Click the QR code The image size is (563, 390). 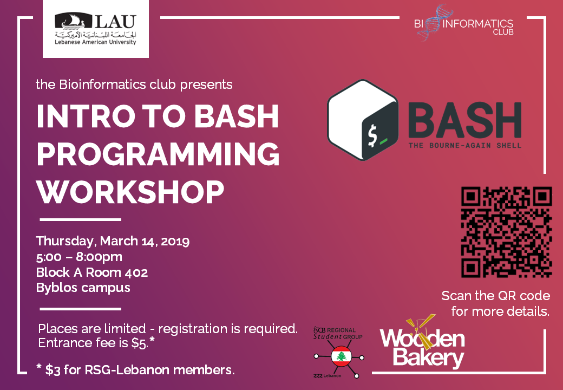[x=506, y=232]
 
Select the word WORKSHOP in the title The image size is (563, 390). [x=130, y=192]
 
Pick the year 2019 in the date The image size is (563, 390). [x=175, y=241]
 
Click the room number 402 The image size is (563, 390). [x=136, y=272]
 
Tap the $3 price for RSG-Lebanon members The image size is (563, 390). [x=53, y=370]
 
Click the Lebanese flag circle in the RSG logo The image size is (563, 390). [x=341, y=356]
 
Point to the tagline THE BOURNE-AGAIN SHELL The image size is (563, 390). [x=465, y=146]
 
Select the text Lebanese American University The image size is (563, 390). [x=95, y=42]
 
